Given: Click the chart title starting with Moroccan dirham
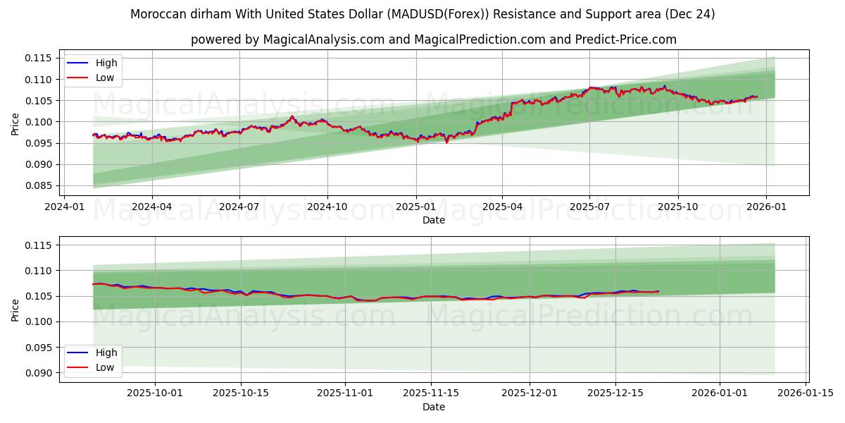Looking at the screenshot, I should [x=423, y=14].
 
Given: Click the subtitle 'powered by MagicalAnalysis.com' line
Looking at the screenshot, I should [x=434, y=39].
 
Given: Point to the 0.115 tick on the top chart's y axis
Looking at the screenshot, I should [x=40, y=58].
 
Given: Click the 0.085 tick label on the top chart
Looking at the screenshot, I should [x=40, y=186].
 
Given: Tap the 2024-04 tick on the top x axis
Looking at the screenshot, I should [x=152, y=207].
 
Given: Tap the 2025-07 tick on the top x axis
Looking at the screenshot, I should [x=590, y=207].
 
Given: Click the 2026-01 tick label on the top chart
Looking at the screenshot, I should [x=766, y=207].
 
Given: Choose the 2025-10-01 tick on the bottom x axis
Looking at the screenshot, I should [x=154, y=393].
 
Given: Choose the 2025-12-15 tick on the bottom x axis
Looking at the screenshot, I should [x=615, y=393].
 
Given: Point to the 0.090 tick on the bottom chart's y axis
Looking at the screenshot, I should [x=40, y=373].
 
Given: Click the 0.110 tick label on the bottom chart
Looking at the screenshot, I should [x=40, y=271].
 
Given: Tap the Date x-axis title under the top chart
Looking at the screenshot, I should [x=434, y=220].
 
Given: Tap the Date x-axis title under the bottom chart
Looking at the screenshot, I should [x=434, y=407].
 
